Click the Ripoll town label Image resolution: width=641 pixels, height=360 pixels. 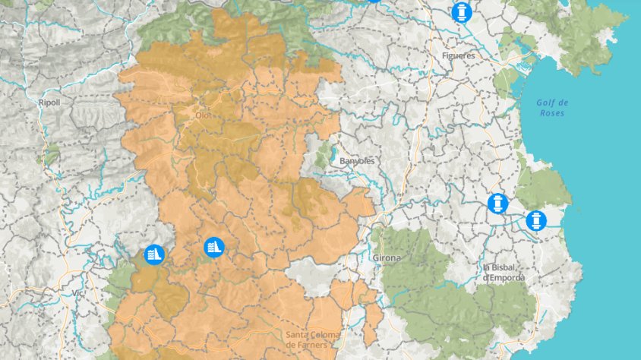[x=49, y=101]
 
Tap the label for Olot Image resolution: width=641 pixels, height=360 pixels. [x=204, y=115]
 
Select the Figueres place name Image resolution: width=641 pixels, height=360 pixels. [x=458, y=55]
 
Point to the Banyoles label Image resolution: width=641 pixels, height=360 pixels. [x=357, y=161]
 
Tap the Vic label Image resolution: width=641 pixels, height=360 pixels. [x=77, y=292]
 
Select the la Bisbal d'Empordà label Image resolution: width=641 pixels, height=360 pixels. [x=504, y=273]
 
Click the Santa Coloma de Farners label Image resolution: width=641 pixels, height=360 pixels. [x=313, y=339]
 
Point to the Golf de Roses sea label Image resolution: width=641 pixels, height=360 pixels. [x=551, y=108]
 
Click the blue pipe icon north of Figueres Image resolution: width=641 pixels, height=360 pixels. [x=460, y=12]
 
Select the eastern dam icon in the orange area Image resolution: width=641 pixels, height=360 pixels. [x=214, y=247]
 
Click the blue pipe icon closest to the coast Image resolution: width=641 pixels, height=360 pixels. [x=536, y=221]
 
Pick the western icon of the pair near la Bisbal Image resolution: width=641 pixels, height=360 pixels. [x=497, y=204]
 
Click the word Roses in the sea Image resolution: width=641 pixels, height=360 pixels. [x=551, y=113]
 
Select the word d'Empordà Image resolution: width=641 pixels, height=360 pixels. [x=504, y=278]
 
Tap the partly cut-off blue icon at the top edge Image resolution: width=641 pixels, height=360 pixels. [x=373, y=1]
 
